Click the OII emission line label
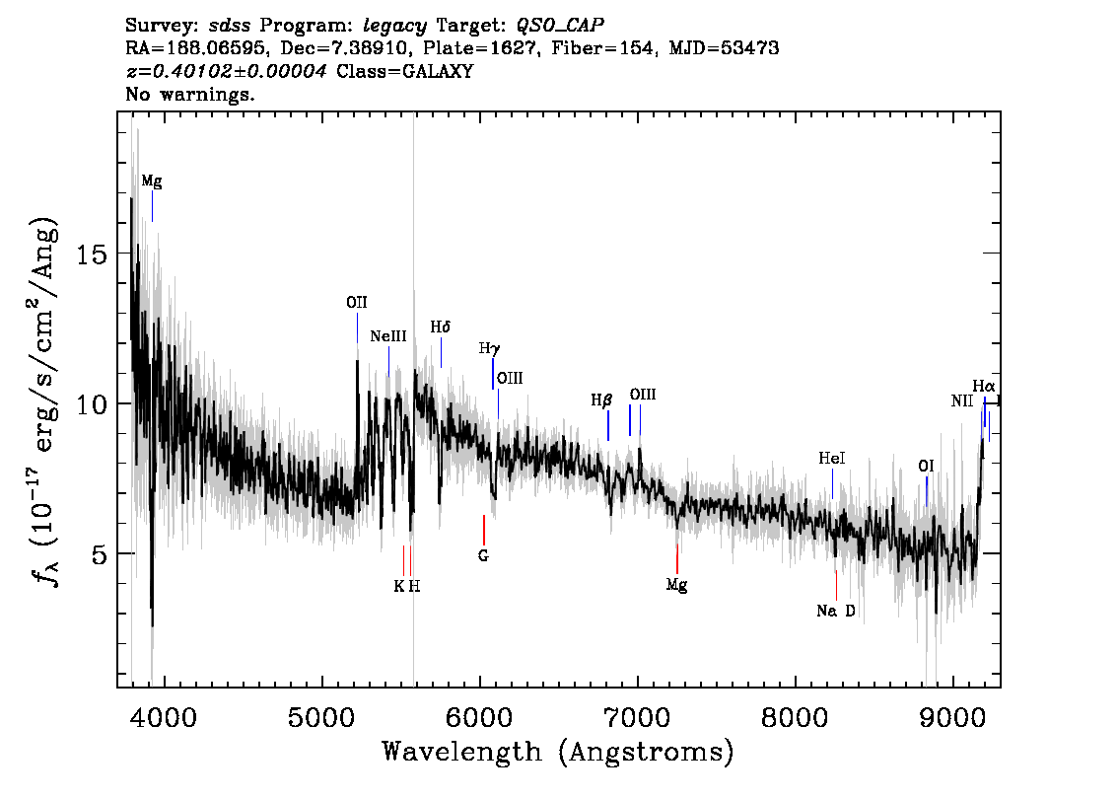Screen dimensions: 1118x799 [x=357, y=303]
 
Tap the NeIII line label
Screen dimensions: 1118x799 [x=387, y=336]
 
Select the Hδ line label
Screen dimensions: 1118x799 [x=441, y=327]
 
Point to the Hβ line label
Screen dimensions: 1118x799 [x=601, y=400]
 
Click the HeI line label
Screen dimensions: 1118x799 [x=831, y=458]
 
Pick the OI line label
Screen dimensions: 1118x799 [x=926, y=467]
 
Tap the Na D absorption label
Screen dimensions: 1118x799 [x=836, y=611]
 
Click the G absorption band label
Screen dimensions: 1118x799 [x=483, y=555]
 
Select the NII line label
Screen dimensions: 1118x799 [x=962, y=400]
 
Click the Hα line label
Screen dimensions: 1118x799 [x=983, y=387]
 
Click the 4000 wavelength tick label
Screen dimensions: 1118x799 [x=165, y=717]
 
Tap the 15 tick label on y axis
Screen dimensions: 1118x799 [x=93, y=254]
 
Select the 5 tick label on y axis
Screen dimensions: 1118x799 [x=101, y=554]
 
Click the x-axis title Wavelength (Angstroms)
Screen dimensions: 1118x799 [x=558, y=752]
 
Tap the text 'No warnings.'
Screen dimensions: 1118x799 [x=189, y=94]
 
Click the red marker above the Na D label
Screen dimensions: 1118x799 [x=836, y=586]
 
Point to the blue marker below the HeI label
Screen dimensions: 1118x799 [x=832, y=484]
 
